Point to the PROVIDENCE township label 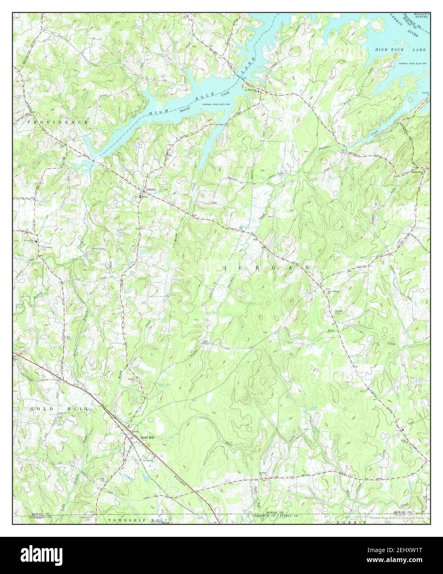(58, 123)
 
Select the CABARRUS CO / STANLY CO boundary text (272, 516)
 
